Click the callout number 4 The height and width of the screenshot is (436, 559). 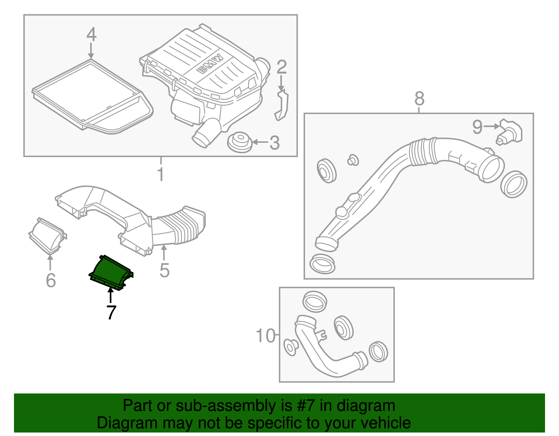91,35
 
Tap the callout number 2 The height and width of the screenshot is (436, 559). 282,67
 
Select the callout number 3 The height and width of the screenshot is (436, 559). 275,143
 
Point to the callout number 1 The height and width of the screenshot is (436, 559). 160,175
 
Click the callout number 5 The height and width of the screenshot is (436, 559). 165,270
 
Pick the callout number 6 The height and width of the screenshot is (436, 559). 51,280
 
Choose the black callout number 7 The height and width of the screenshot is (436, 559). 111,312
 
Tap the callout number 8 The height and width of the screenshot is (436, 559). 419,98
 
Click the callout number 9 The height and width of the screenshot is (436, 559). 477,127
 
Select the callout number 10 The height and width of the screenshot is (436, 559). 266,336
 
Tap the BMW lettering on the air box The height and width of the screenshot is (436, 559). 210,64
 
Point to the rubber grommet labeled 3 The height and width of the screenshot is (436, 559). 240,142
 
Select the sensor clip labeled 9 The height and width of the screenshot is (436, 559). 510,131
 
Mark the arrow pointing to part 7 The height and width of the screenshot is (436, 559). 111,295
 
